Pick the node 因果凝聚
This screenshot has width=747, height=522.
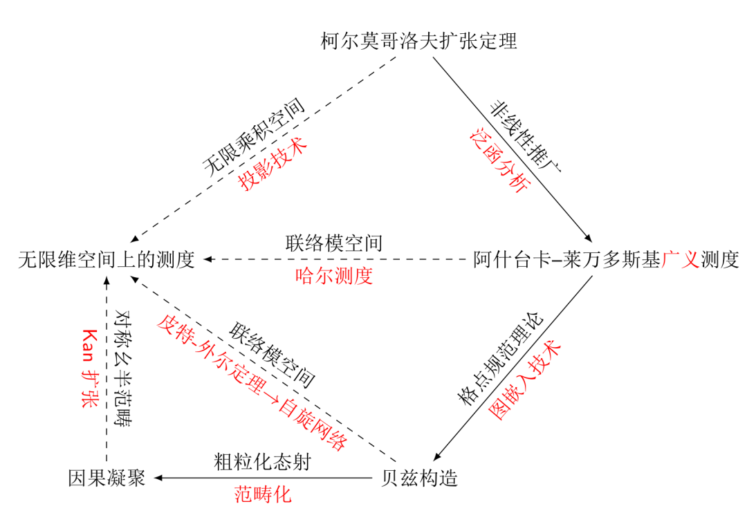tap(107, 478)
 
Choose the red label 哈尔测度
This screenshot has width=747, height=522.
tap(334, 277)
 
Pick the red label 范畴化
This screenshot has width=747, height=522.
tap(263, 494)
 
